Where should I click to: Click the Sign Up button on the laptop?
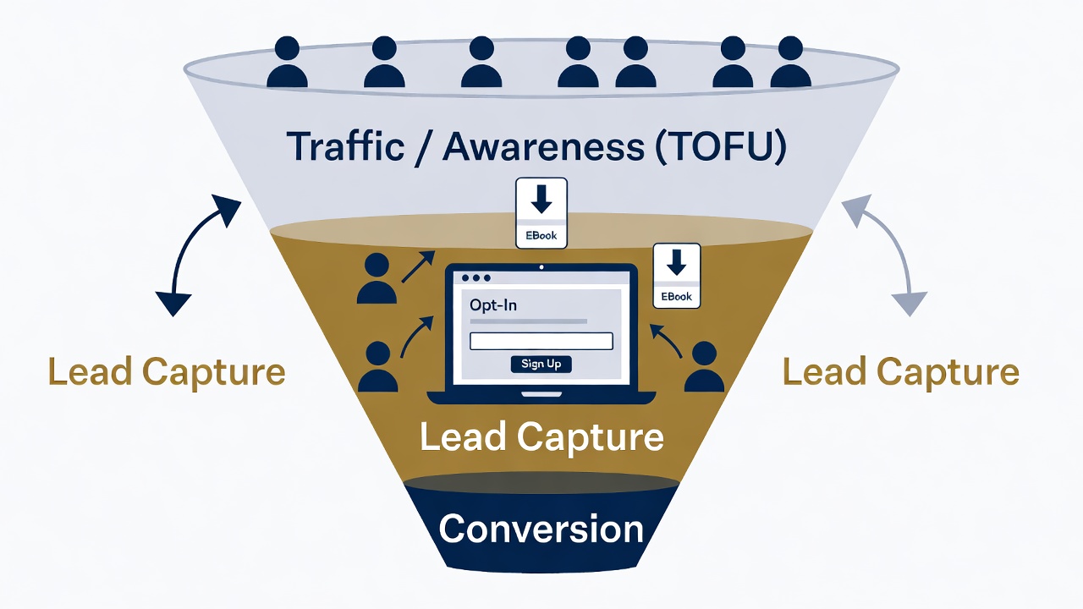point(541,364)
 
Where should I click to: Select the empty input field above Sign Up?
point(541,341)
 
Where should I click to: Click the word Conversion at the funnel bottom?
point(541,529)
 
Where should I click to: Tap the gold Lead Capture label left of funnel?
point(167,372)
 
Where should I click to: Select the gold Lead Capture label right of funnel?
point(900,372)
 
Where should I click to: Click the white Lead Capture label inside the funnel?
point(541,437)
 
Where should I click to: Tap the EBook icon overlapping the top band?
point(541,213)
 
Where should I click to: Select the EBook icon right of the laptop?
point(676,276)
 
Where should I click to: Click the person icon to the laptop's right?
point(704,367)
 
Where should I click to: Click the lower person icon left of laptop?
point(377,367)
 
